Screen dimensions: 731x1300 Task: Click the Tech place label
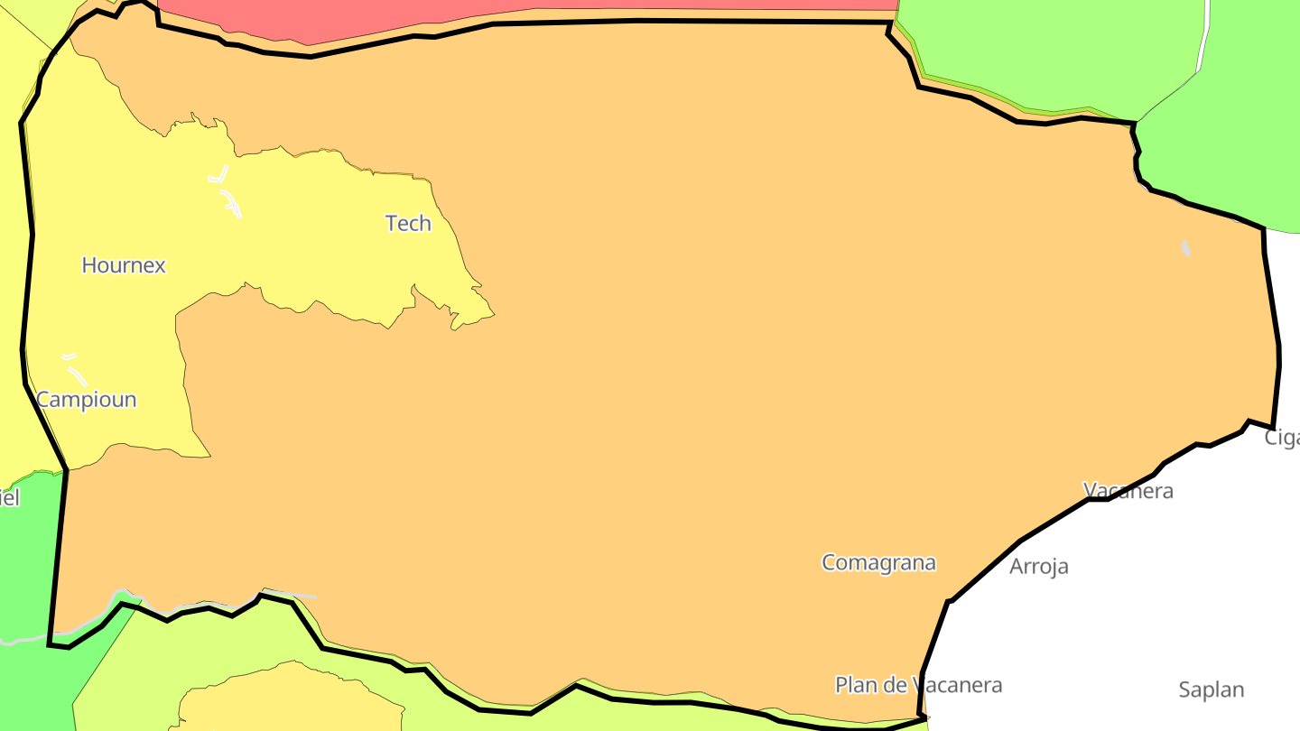point(408,223)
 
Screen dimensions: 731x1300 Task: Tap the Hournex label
point(124,265)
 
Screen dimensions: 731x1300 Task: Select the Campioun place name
point(87,399)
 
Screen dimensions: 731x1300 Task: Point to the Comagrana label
point(878,563)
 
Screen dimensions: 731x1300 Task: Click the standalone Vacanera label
point(1128,491)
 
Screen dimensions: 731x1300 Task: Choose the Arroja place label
point(1038,567)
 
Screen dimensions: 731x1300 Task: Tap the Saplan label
point(1211,690)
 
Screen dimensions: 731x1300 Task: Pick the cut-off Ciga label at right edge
point(1282,438)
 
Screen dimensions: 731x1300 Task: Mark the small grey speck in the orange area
point(1186,248)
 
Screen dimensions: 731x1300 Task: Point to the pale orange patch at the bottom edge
point(289,699)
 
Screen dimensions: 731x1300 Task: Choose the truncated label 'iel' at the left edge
point(9,497)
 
